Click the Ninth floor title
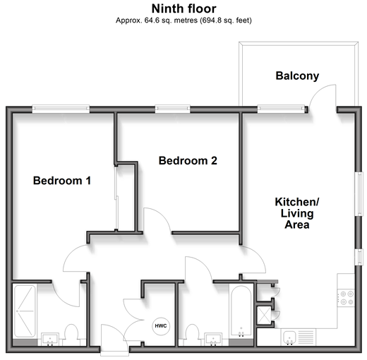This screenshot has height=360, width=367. point(183,9)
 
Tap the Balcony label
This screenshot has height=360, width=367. point(297,76)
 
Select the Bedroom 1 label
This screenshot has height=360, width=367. point(62,181)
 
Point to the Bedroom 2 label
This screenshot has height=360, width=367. point(188,161)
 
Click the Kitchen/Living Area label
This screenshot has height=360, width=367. point(297,213)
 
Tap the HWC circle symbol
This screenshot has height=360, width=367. point(161,326)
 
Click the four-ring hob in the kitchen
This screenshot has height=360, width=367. point(346,298)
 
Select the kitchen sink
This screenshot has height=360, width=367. point(289,338)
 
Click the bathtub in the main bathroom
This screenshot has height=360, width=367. point(241,311)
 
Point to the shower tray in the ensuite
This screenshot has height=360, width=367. point(25,311)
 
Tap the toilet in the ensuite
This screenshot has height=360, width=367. point(71,335)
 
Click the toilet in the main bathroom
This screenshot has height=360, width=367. point(192,335)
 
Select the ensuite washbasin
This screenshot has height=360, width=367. point(50,340)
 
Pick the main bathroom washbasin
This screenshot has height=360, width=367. point(213,340)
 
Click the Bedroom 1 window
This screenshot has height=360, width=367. point(61,109)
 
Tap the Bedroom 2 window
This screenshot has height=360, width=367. point(173,109)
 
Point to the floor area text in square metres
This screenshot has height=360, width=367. point(157,20)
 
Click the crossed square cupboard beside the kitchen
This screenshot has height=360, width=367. point(264,316)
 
